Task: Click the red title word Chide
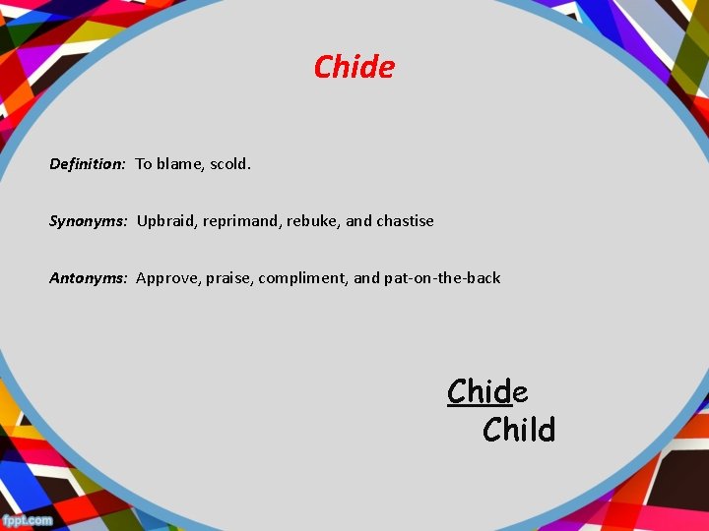pyautogui.click(x=354, y=67)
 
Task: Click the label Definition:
pyautogui.click(x=88, y=164)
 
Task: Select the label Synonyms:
pyautogui.click(x=89, y=221)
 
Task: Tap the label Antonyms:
pyautogui.click(x=89, y=278)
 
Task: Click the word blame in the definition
pyautogui.click(x=179, y=164)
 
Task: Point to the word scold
pyautogui.click(x=230, y=164)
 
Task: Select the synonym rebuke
pyautogui.click(x=312, y=221)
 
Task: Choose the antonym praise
pyautogui.click(x=227, y=278)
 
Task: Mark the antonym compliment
pyautogui.click(x=303, y=278)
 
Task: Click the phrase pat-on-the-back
pyautogui.click(x=442, y=278)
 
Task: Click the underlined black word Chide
pyautogui.click(x=486, y=391)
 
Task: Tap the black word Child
pyautogui.click(x=519, y=430)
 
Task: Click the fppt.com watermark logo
pyautogui.click(x=28, y=520)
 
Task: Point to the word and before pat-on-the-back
pyautogui.click(x=366, y=278)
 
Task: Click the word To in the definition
pyautogui.click(x=144, y=164)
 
